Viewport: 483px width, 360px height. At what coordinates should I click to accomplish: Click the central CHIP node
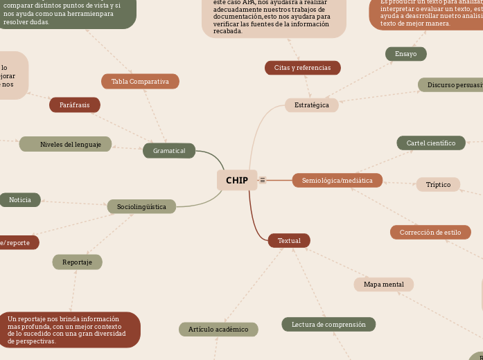point(237,180)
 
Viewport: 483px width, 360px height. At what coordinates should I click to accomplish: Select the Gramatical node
point(169,151)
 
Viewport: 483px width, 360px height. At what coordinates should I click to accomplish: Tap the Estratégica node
point(312,105)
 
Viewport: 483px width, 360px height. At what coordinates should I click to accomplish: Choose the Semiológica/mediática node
point(337,181)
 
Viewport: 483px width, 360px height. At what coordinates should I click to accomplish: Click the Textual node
point(289,241)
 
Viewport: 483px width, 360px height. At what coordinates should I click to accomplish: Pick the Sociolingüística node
point(141,206)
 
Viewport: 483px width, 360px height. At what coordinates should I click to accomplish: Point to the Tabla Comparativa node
point(140,82)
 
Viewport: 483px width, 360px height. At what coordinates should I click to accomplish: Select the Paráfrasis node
point(75,105)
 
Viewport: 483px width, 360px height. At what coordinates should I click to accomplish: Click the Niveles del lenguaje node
point(66,145)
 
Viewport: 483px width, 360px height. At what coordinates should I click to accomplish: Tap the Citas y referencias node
point(303,68)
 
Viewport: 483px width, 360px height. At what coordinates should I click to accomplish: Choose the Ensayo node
point(406,54)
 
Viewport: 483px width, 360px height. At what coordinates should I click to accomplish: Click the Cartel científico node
point(431,143)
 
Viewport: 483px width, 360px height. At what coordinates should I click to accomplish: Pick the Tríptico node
point(438,185)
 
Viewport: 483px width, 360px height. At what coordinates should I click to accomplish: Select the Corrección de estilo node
point(430,233)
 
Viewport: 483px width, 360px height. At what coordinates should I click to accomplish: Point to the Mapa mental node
point(384,285)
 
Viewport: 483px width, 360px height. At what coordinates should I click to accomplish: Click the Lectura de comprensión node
point(328,324)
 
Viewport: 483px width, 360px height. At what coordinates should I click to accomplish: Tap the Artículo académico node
point(218,330)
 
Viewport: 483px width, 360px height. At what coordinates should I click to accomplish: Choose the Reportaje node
point(78,262)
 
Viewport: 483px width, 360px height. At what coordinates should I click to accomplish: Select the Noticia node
point(20,200)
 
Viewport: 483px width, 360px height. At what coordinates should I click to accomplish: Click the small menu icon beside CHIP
point(263,180)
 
